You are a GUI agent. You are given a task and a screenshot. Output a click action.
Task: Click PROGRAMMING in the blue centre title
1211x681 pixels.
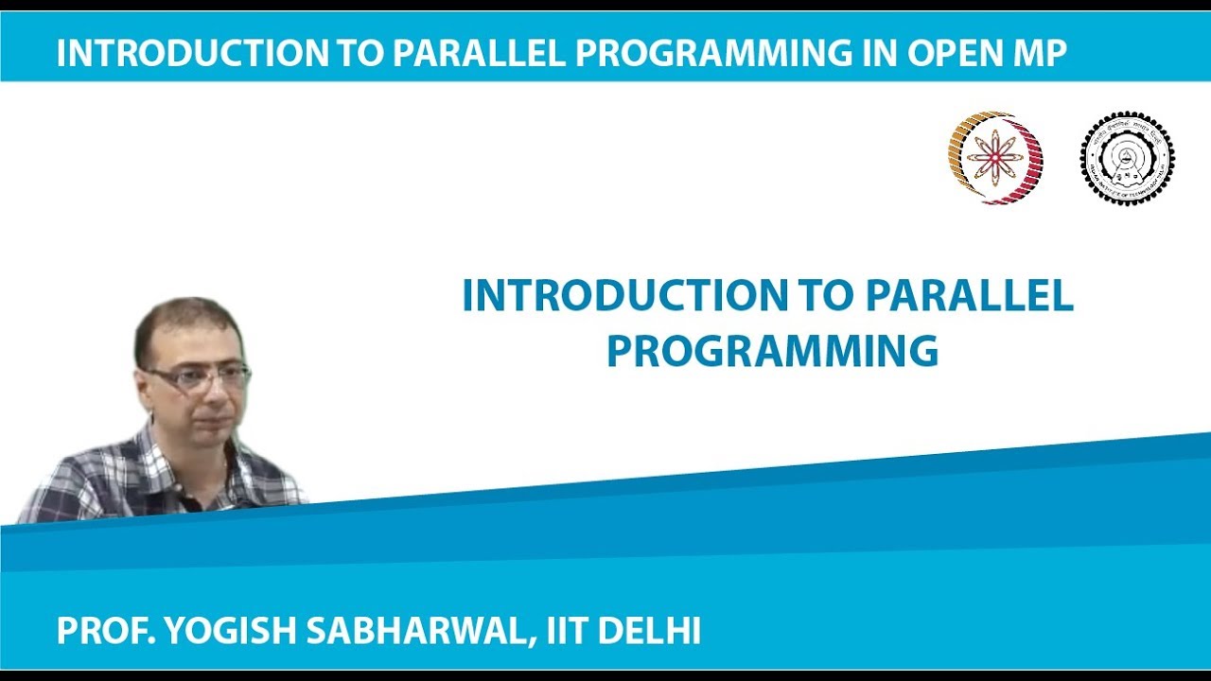tap(772, 351)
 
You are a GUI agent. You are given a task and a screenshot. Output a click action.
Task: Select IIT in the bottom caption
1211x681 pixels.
tap(569, 631)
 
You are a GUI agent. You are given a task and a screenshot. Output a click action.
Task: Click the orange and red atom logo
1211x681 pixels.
tap(995, 158)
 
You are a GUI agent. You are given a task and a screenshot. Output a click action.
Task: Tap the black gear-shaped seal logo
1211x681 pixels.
tap(1127, 158)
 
